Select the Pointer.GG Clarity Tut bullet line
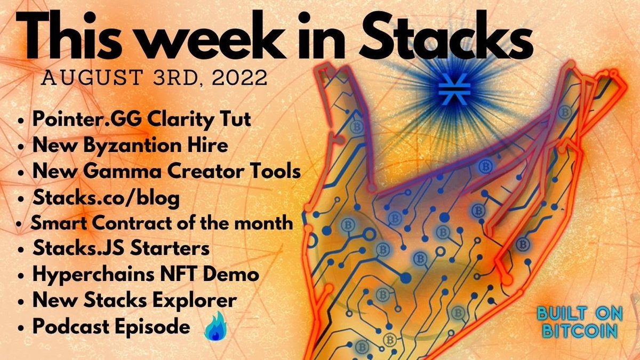point(141,119)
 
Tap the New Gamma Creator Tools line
point(166,171)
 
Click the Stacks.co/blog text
point(106,197)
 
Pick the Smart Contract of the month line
point(162,223)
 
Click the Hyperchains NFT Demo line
point(146,275)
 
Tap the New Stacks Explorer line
point(134,301)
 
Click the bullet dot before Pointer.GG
point(21,121)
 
